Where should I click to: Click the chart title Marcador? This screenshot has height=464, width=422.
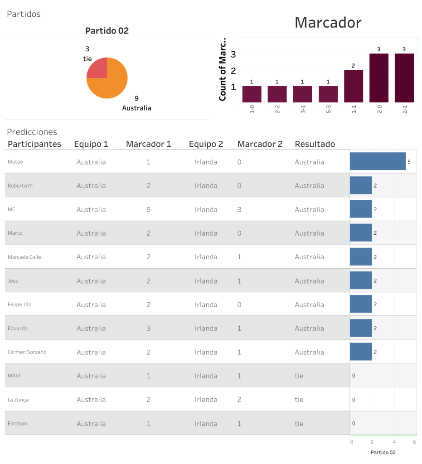(328, 23)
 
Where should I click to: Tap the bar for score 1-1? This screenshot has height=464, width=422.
(354, 86)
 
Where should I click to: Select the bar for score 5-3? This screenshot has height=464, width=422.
(328, 94)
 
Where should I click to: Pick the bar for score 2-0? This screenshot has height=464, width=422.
(379, 78)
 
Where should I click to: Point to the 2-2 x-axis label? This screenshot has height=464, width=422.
(277, 111)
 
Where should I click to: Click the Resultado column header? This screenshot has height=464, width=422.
(315, 144)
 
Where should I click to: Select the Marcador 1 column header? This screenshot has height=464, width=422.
(148, 144)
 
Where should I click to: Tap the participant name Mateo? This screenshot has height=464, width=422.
(15, 162)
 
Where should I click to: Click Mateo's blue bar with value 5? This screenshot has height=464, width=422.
(378, 161)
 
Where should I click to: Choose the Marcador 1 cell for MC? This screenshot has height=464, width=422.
(149, 209)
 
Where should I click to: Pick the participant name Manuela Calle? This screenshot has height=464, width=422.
(24, 257)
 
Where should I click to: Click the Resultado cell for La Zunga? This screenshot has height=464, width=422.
(299, 400)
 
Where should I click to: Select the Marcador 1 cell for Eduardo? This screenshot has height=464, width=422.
(149, 328)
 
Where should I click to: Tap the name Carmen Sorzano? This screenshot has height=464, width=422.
(27, 352)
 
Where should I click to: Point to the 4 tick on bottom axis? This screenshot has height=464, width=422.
(394, 442)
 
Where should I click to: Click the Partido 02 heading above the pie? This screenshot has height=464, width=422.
(107, 31)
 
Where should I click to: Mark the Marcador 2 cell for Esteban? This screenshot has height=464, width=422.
(239, 424)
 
